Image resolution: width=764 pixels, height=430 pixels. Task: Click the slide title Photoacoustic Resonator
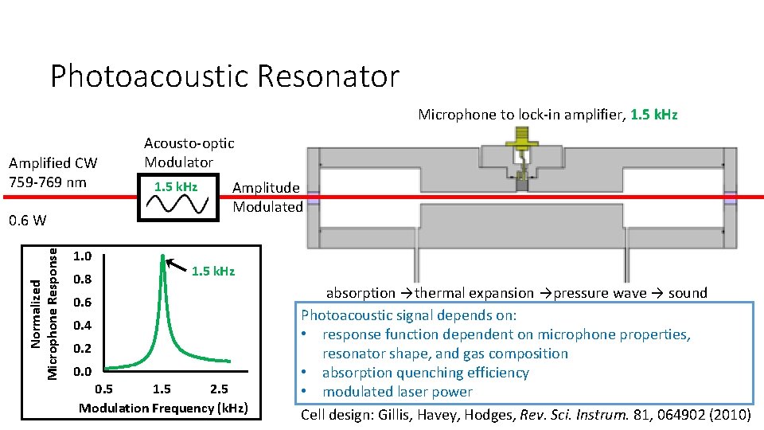(224, 76)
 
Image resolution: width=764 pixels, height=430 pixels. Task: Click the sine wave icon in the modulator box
(179, 205)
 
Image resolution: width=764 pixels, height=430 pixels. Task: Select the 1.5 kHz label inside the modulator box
(177, 186)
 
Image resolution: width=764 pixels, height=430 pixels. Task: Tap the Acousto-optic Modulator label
(189, 152)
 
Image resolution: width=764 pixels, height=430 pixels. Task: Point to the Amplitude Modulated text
(267, 197)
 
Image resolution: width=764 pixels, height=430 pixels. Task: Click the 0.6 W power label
(28, 220)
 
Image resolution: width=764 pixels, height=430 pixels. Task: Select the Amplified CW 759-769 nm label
(53, 172)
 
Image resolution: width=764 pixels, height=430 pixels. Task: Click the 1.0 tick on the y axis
(82, 256)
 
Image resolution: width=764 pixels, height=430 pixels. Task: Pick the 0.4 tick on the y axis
(82, 326)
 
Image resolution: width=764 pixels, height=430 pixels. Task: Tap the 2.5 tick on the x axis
(218, 389)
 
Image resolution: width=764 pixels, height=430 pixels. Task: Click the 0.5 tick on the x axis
(103, 389)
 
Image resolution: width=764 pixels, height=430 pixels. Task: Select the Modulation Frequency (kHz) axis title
(163, 408)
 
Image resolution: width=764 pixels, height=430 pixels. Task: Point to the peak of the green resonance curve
(163, 257)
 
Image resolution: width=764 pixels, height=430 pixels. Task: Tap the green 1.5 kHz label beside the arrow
(213, 272)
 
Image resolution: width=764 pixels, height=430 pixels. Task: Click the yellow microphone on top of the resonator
(522, 145)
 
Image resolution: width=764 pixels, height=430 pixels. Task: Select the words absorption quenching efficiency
(425, 373)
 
